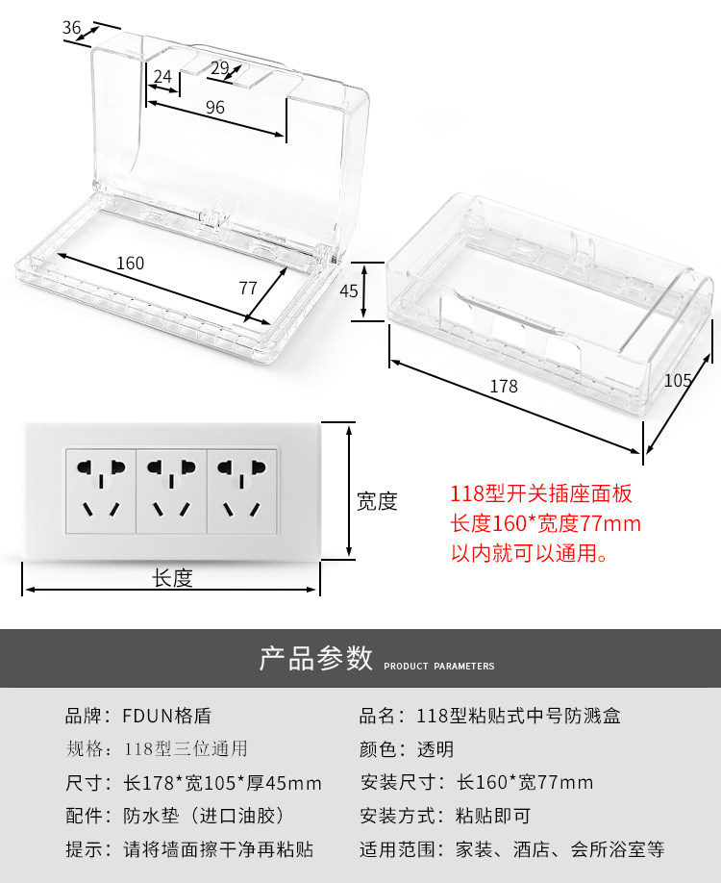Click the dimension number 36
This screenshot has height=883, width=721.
click(x=72, y=28)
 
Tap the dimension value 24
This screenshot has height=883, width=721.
click(x=162, y=76)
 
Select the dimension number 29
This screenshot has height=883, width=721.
click(x=219, y=67)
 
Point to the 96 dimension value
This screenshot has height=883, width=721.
click(x=215, y=108)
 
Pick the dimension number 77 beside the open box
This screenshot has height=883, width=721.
click(x=248, y=287)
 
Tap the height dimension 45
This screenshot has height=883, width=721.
click(x=348, y=290)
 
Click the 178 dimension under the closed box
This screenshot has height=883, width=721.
click(x=503, y=387)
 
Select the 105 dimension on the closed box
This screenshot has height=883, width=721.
click(x=678, y=380)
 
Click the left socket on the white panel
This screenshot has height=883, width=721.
click(x=100, y=490)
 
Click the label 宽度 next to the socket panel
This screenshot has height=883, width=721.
click(x=377, y=501)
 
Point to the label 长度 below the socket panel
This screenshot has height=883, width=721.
click(x=173, y=578)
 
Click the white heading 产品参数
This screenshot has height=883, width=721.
click(x=315, y=659)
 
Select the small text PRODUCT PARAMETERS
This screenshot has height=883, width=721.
click(x=439, y=666)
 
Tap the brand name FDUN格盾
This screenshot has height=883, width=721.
click(x=166, y=716)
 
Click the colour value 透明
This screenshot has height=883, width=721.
click(x=435, y=749)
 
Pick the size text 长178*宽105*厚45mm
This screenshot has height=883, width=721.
click(x=222, y=783)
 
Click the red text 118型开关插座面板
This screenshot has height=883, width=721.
click(x=541, y=494)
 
